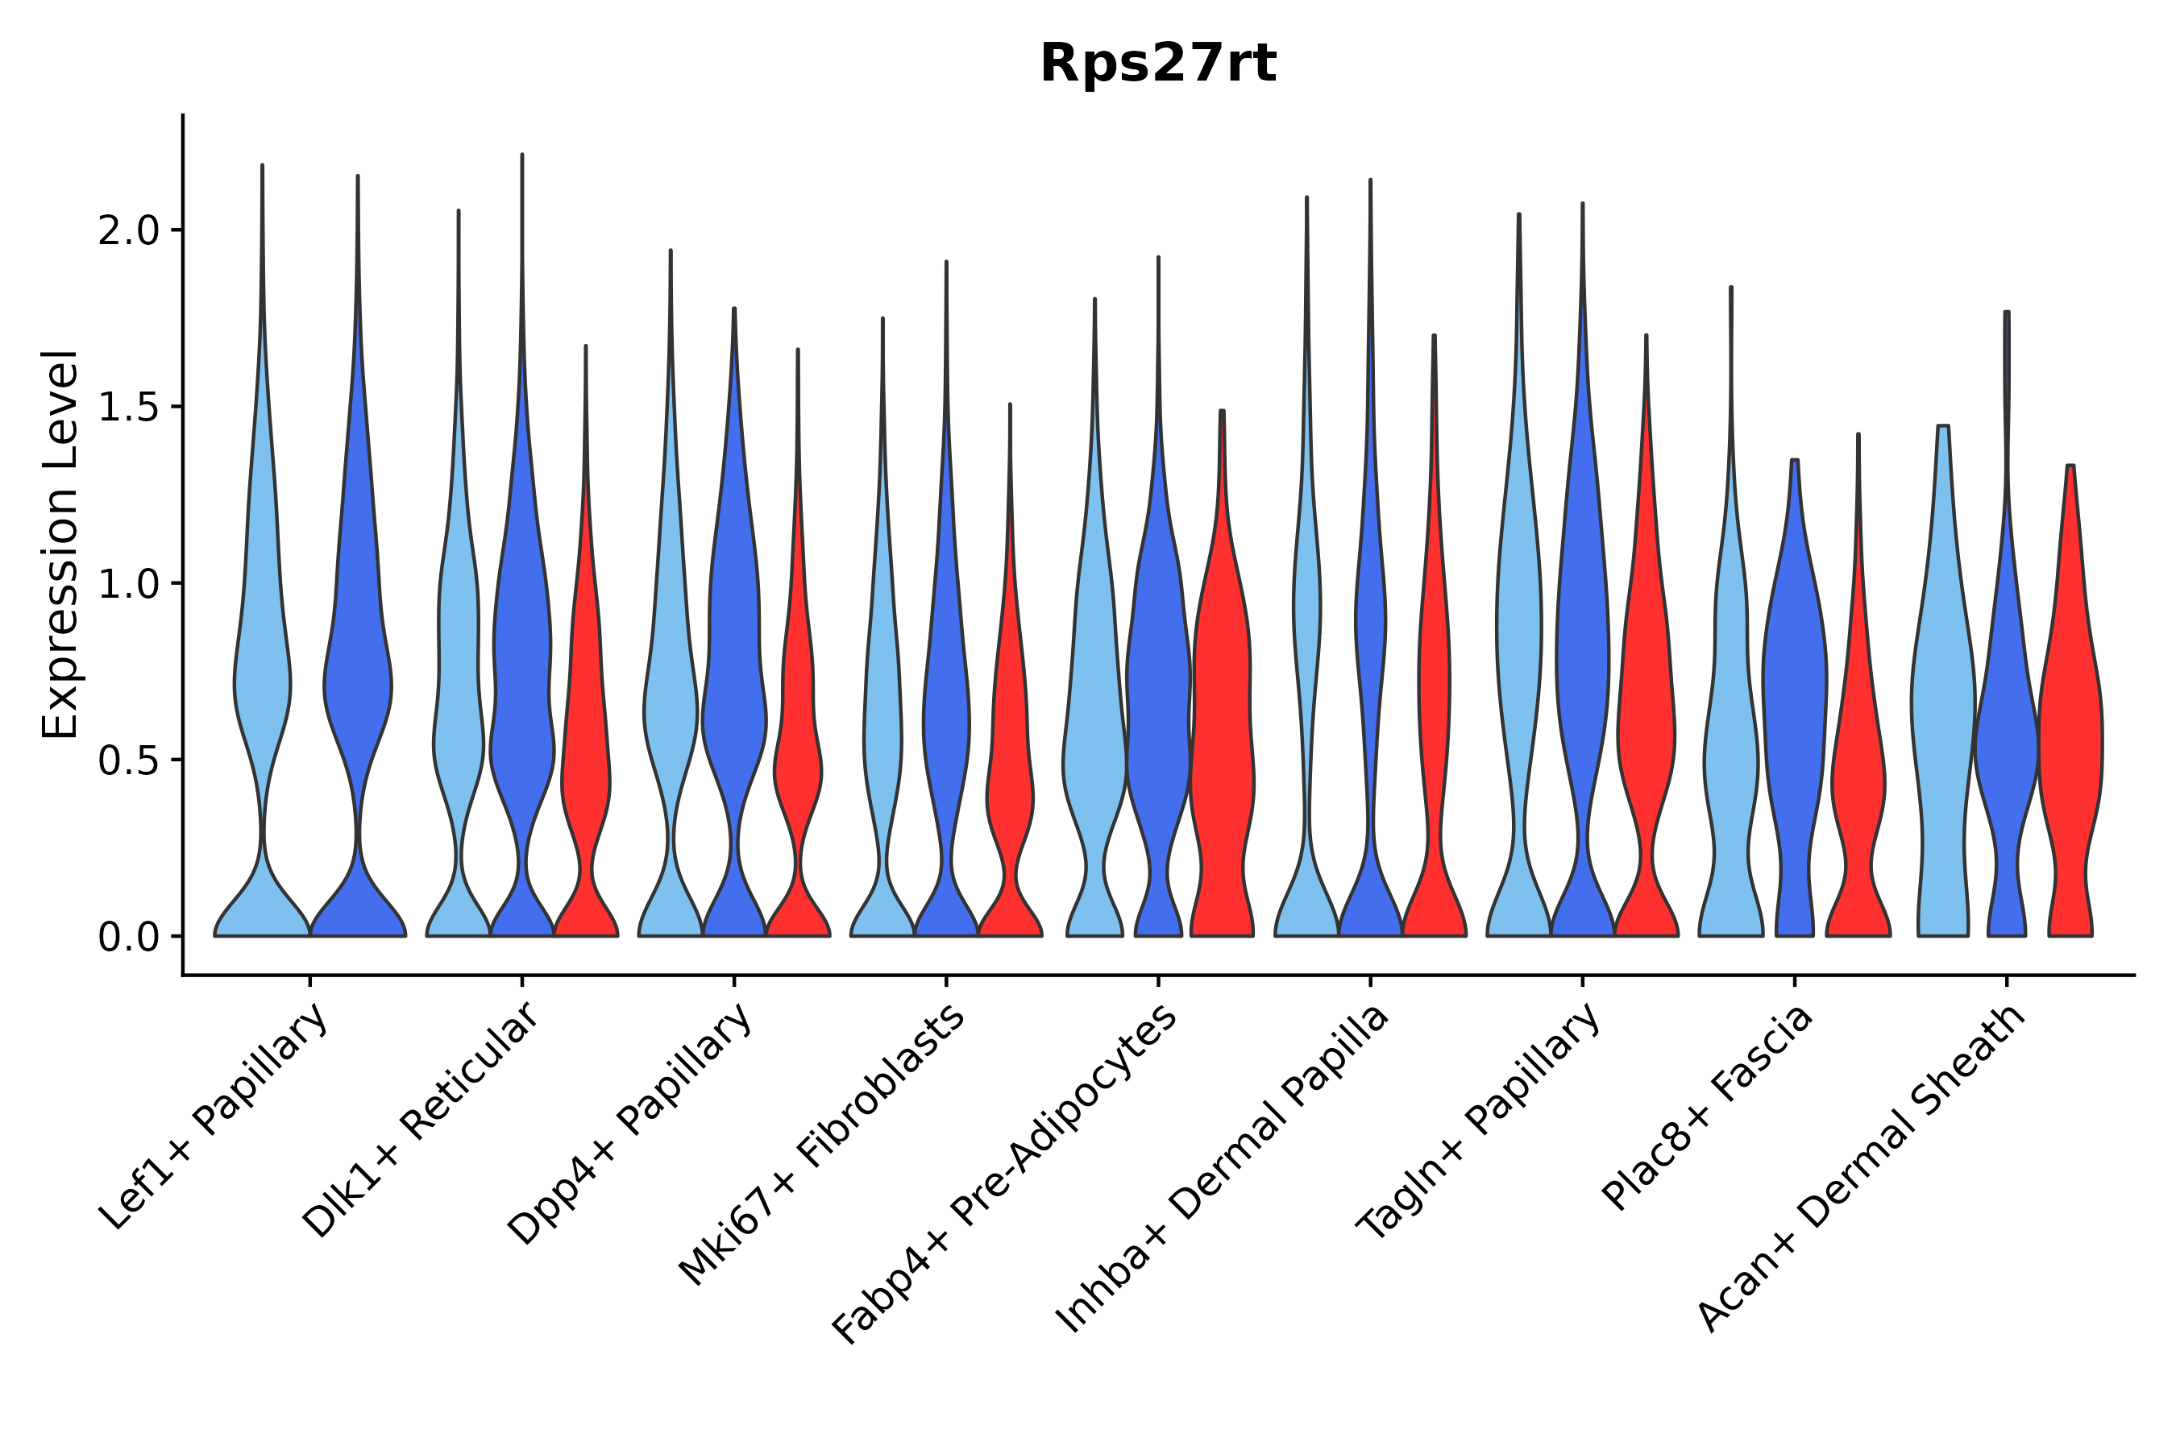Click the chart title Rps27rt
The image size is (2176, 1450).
[1157, 64]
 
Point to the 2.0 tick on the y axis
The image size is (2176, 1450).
[129, 231]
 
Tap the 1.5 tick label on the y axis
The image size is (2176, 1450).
[129, 408]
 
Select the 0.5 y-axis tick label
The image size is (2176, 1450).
[129, 760]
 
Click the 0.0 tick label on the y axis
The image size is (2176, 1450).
[129, 938]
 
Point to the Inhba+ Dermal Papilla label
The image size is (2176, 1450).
[1223, 1169]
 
